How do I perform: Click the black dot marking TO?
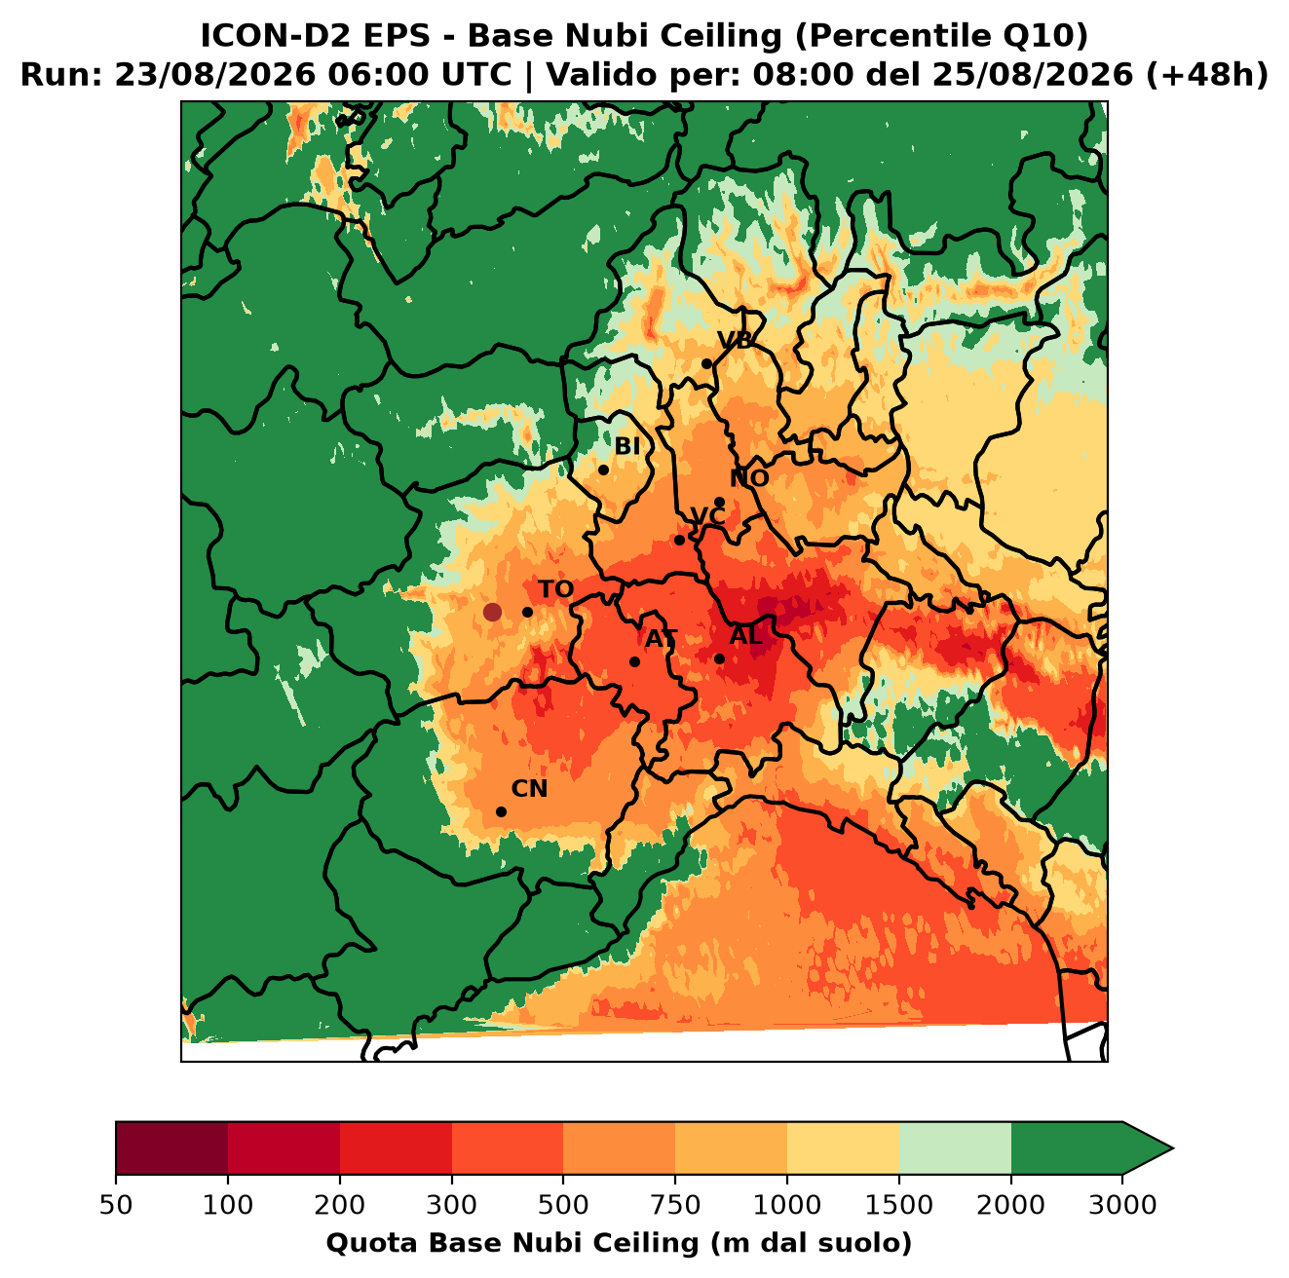527,612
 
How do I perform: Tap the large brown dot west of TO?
492,612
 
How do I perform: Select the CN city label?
529,789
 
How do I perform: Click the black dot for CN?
501,811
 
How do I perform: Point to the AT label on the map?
661,639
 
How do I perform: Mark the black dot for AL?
719,658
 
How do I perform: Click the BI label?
627,446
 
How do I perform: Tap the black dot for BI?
603,470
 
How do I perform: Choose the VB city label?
735,340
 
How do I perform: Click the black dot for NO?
719,503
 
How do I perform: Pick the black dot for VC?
680,540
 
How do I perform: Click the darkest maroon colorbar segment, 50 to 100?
171,1147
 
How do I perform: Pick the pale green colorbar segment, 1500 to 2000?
955,1147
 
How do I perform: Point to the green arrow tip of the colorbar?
1172,1148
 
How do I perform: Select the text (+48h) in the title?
1207,75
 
